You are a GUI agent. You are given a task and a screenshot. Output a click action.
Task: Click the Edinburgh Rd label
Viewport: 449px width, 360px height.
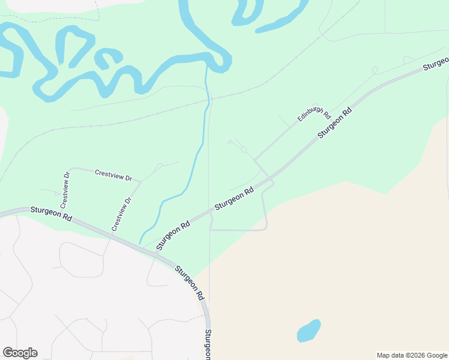(x=315, y=113)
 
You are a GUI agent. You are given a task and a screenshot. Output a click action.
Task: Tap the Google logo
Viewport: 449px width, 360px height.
(x=20, y=353)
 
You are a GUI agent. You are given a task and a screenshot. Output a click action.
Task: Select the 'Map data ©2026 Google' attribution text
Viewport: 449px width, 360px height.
(x=412, y=355)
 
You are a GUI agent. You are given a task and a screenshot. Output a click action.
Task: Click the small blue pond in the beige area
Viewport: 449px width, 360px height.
(x=309, y=331)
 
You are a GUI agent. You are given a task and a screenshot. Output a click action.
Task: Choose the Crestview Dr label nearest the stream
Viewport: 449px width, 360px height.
(x=121, y=214)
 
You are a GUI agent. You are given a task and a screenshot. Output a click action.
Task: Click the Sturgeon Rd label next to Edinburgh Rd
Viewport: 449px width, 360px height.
(x=334, y=123)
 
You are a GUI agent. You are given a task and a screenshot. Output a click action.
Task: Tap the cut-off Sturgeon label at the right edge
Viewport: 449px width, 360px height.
(x=436, y=64)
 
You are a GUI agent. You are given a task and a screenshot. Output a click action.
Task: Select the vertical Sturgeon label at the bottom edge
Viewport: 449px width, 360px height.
(x=208, y=344)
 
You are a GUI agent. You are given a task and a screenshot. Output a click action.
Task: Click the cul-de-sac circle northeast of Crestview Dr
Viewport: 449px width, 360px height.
(x=159, y=166)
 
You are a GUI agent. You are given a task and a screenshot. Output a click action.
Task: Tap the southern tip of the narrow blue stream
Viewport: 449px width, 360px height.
(x=140, y=243)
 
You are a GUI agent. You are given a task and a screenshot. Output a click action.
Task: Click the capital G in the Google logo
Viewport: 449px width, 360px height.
(x=8, y=353)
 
